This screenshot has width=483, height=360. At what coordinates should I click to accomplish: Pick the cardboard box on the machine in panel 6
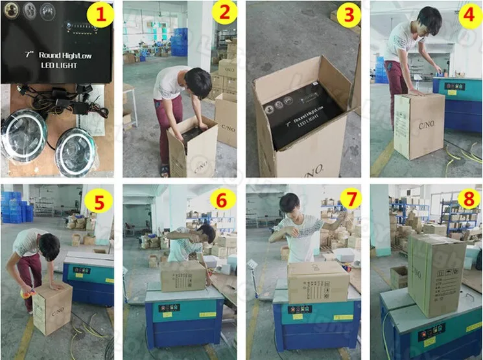[183, 276]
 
